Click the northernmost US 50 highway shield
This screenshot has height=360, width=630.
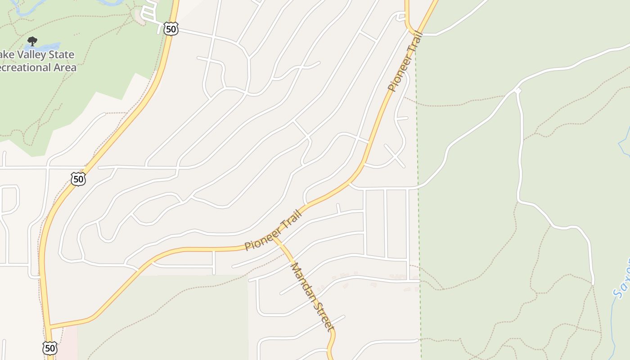click(171, 29)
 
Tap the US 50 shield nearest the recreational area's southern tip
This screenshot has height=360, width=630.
click(78, 179)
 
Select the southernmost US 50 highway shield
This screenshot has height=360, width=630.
click(50, 347)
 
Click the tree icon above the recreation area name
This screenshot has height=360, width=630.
click(32, 41)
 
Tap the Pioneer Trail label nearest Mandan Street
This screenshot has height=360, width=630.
click(273, 229)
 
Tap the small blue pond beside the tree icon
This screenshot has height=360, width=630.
click(47, 46)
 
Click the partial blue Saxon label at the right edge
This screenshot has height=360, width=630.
click(622, 281)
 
